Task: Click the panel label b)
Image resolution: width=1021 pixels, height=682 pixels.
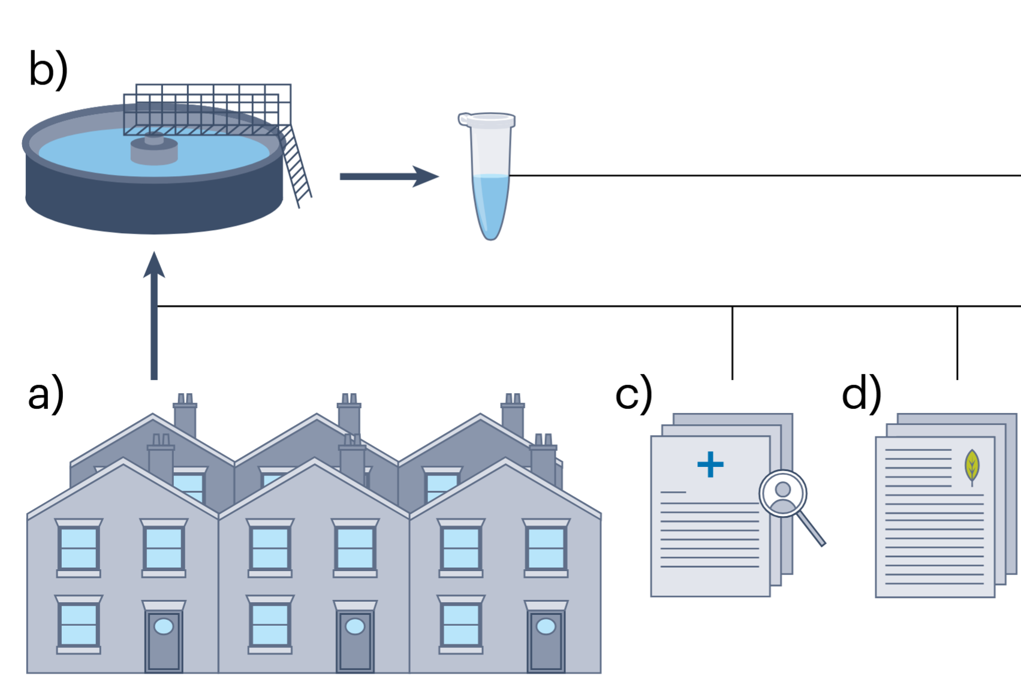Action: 48,70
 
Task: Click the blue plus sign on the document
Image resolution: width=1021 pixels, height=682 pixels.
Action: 710,464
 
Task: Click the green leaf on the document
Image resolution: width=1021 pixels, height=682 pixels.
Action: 972,466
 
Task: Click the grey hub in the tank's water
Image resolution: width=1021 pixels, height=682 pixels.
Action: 154,149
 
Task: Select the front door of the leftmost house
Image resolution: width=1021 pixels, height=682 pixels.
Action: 164,640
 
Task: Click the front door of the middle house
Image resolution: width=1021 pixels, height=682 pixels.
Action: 355,640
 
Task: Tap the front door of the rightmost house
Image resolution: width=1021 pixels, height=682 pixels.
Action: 546,640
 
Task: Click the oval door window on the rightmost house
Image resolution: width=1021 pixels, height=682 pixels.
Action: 546,626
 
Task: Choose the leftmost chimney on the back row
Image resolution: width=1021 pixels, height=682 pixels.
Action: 185,417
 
